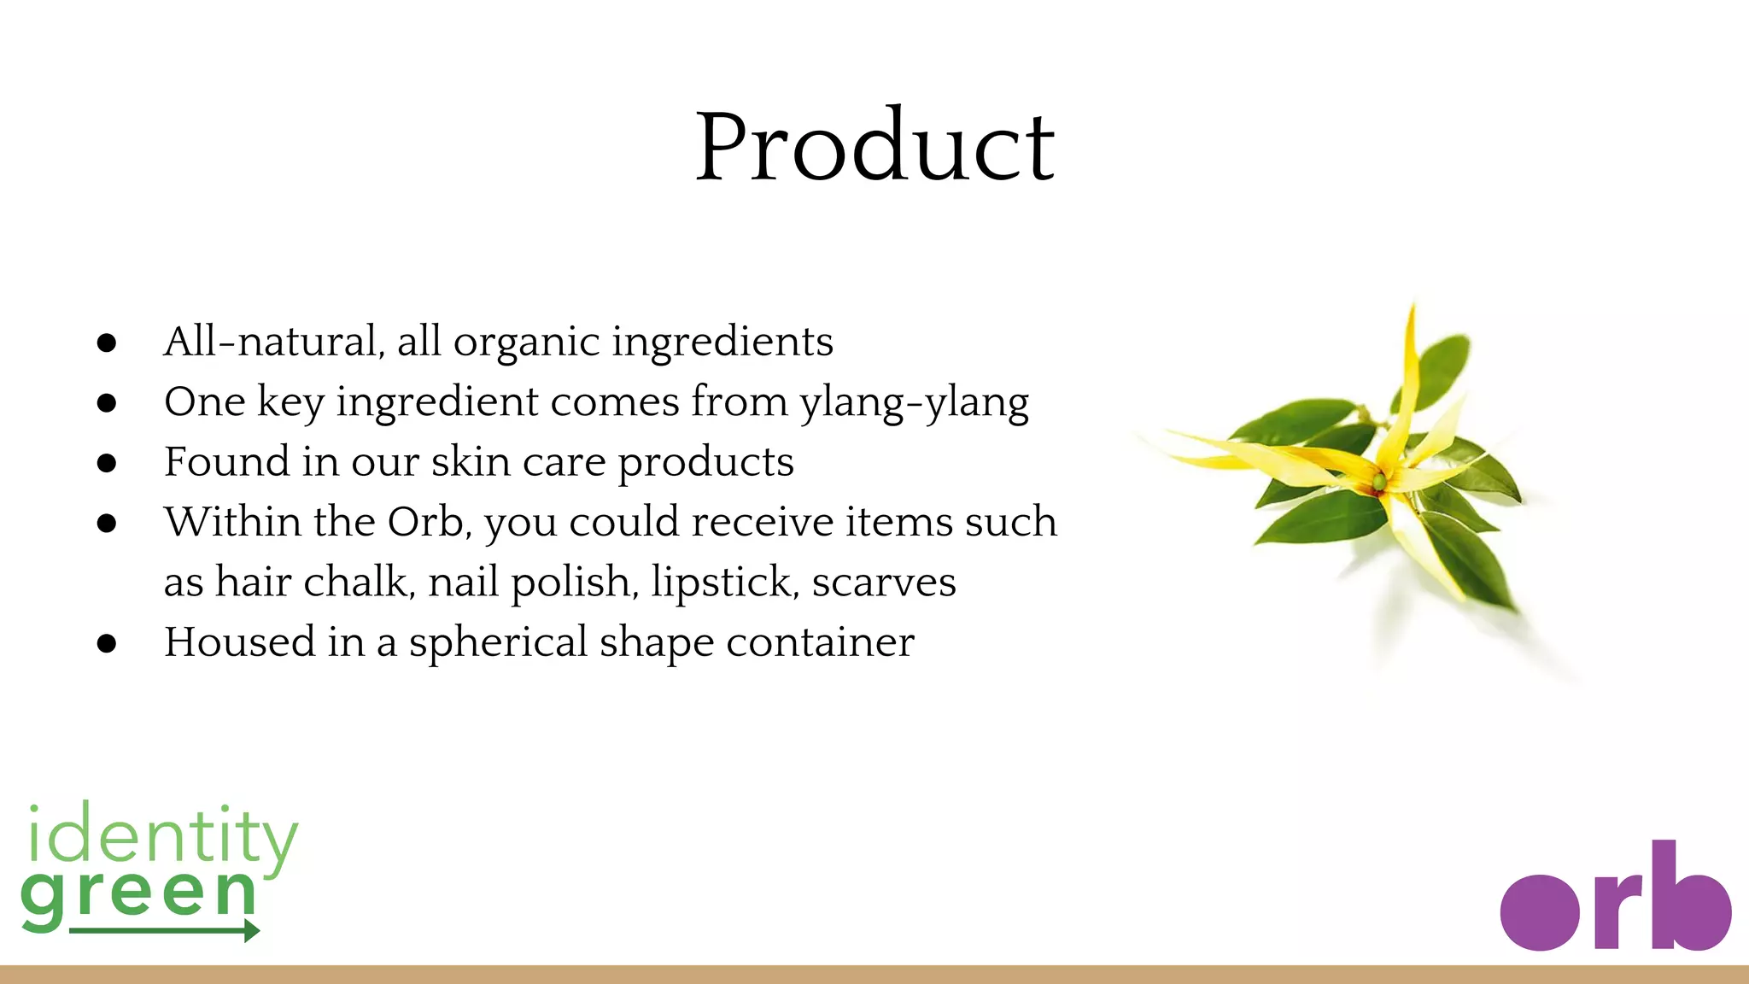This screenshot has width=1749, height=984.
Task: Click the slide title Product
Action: [x=875, y=147]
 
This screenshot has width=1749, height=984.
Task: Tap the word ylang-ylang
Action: [x=914, y=402]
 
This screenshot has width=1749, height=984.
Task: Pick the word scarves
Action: [x=884, y=583]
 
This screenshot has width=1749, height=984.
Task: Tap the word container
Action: [x=820, y=642]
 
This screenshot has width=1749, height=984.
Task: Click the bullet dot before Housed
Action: [x=107, y=643]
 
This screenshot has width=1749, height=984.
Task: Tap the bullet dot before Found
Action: [x=107, y=463]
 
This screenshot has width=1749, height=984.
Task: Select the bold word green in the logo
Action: [x=138, y=895]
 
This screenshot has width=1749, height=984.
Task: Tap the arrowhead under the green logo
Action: [x=251, y=930]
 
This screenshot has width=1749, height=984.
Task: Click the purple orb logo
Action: [x=1615, y=901]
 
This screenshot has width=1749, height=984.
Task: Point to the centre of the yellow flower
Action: [x=1378, y=483]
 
